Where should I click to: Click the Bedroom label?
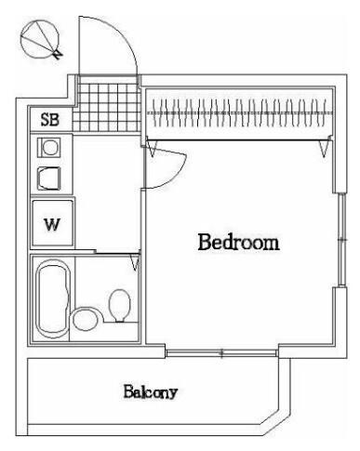[238, 242]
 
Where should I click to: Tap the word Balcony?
[151, 391]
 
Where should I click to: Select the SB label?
[50, 119]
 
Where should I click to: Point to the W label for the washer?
[51, 224]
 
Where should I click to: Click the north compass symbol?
[40, 39]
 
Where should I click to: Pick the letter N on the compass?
[57, 55]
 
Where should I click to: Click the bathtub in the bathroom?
[53, 298]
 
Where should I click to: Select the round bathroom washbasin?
[85, 319]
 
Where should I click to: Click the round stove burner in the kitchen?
[49, 147]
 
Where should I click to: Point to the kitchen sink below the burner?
[48, 179]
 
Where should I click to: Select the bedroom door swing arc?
[178, 173]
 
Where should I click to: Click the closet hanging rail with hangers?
[239, 113]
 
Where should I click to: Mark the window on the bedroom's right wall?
[341, 240]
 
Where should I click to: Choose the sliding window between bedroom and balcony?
[221, 352]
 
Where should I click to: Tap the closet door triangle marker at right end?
[325, 148]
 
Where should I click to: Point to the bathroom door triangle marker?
[135, 262]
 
